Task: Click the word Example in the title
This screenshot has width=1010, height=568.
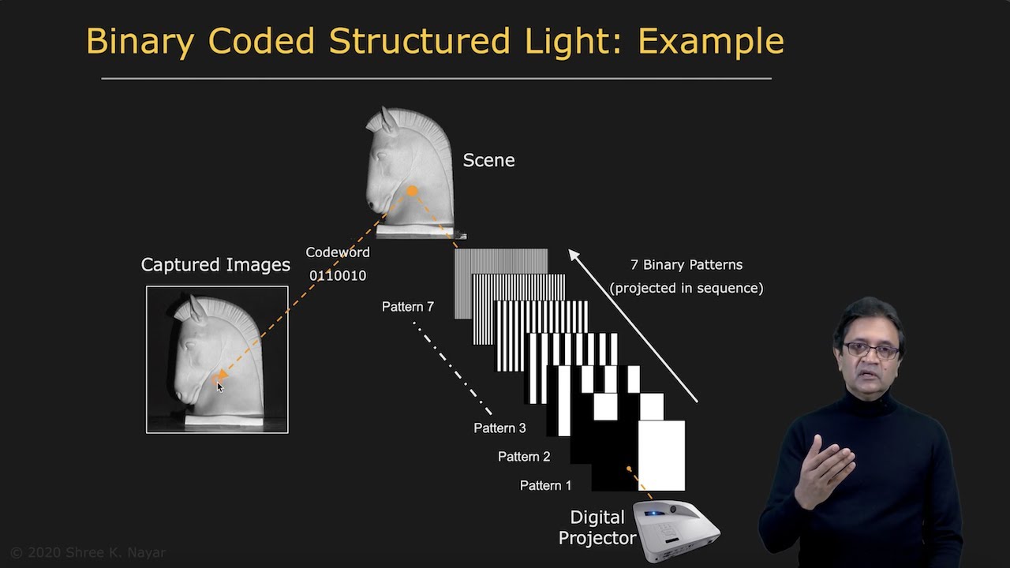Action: [710, 41]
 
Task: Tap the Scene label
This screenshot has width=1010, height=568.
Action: [488, 160]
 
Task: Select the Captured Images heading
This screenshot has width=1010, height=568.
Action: [215, 265]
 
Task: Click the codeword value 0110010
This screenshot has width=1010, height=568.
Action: [338, 275]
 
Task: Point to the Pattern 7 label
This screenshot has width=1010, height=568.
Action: [407, 307]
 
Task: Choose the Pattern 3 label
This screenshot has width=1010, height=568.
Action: [499, 428]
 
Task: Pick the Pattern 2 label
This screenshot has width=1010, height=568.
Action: [524, 457]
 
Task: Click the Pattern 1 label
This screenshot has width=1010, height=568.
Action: [545, 486]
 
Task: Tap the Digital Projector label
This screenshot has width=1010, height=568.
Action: [597, 528]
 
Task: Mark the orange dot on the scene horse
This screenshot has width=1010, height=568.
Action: [412, 191]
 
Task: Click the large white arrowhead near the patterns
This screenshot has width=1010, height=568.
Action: [575, 256]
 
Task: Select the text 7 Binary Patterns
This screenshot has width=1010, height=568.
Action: [686, 265]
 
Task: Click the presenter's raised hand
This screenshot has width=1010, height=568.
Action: [822, 469]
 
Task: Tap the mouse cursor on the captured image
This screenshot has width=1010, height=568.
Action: [219, 385]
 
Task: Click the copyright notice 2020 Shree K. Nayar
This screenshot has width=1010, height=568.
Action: [88, 552]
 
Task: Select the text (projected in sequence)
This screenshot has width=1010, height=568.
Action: [686, 288]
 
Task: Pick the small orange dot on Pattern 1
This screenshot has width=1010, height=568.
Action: [629, 469]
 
